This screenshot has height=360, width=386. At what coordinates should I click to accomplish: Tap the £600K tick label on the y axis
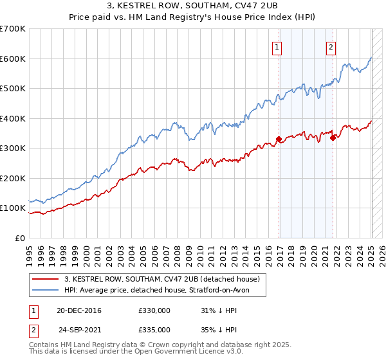(13, 59)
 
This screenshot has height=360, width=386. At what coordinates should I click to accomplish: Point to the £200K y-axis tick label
(13, 178)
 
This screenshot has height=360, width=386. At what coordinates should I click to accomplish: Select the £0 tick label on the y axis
(20, 238)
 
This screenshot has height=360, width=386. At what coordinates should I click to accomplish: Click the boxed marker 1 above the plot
(277, 46)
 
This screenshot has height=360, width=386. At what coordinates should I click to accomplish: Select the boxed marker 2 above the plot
(331, 46)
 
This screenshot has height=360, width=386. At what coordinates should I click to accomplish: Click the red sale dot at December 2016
(279, 139)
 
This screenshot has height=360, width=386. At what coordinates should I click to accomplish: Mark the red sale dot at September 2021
(333, 137)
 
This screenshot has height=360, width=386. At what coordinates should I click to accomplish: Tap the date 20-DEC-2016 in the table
(78, 311)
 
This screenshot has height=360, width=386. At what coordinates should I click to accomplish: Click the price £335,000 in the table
(154, 329)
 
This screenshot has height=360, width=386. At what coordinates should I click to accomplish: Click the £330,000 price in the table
(154, 311)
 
